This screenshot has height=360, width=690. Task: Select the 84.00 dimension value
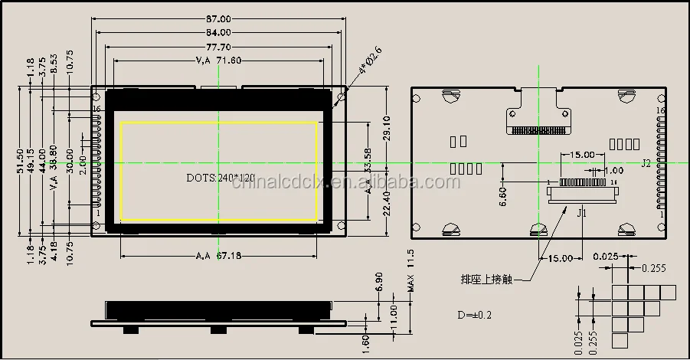[219, 32]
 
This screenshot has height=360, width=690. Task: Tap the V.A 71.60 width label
[218, 61]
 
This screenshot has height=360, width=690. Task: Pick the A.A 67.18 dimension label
[218, 255]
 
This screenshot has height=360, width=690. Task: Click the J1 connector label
[581, 214]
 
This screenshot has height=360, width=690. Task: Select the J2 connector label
[646, 163]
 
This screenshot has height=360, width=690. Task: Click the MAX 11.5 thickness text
[410, 269]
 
